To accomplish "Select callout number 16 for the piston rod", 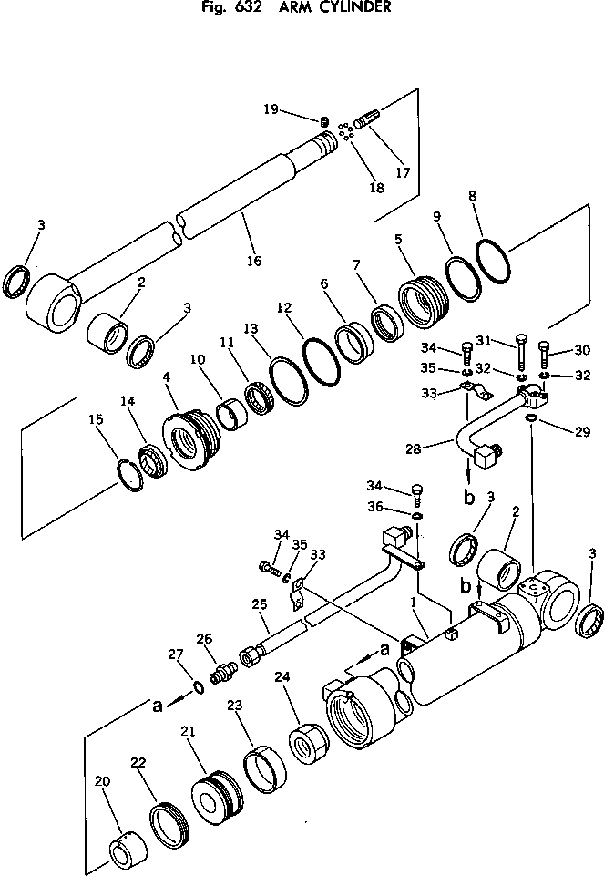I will pos(253,262).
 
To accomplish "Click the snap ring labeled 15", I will pos(129,474).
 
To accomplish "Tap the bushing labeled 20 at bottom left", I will pos(122,853).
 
